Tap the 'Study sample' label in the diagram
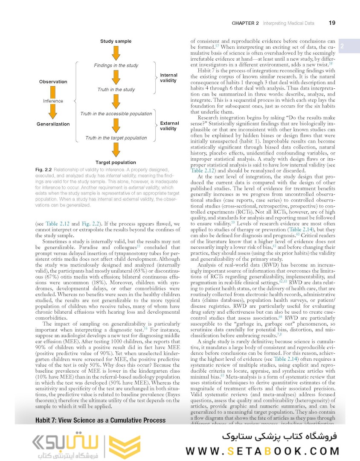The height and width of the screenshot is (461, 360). point(116,41)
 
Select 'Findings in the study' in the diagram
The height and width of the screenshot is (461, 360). point(116,65)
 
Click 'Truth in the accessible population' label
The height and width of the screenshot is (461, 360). point(116,114)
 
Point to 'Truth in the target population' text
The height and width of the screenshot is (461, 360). point(116,138)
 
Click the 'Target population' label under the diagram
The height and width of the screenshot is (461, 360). point(116,162)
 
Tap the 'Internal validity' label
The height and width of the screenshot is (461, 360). point(169,78)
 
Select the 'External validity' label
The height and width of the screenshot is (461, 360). point(169,126)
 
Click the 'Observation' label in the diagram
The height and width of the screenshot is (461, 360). point(53,82)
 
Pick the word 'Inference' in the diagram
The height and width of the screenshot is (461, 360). point(53,101)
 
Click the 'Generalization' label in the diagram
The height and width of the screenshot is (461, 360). point(53,124)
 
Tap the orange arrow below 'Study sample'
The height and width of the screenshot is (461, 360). point(116,53)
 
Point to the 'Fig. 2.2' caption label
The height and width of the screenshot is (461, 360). point(44,170)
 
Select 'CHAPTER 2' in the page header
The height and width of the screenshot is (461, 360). point(245,23)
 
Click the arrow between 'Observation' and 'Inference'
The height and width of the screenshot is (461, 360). point(53,91)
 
